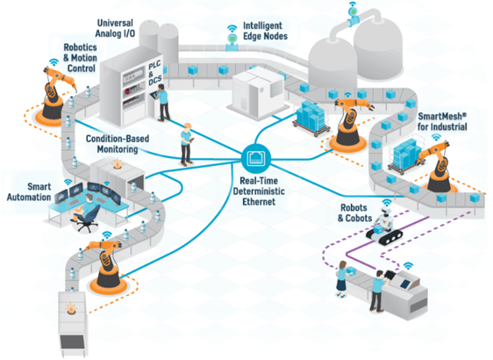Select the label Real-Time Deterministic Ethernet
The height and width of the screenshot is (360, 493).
click(x=259, y=191)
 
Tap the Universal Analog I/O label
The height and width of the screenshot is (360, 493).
click(x=116, y=28)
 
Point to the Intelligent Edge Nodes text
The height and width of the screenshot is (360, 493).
click(x=265, y=31)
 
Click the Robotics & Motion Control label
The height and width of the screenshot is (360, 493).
click(x=80, y=58)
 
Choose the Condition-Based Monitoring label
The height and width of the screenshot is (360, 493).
click(x=118, y=144)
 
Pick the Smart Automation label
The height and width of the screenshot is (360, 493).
click(x=29, y=191)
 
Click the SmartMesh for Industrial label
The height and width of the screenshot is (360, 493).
click(x=442, y=121)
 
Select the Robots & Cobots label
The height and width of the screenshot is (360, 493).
click(x=354, y=212)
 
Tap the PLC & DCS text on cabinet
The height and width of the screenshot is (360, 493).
click(x=154, y=73)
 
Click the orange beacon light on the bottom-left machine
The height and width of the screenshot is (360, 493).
click(x=71, y=308)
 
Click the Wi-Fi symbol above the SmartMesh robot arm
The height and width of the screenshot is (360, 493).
click(x=436, y=137)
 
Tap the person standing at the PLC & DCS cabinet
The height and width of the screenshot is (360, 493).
click(x=162, y=102)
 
